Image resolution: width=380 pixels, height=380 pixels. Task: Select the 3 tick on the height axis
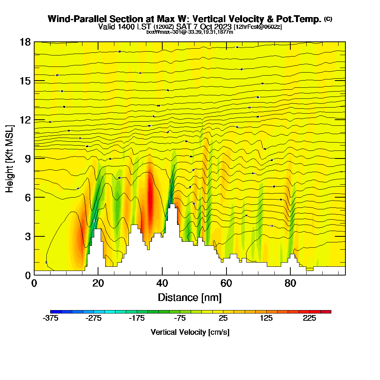coord(28,236)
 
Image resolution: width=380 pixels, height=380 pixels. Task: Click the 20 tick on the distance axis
coord(98,283)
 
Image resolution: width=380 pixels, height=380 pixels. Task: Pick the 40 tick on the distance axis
coord(162,283)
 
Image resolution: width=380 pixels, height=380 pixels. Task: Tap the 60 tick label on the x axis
coord(226,283)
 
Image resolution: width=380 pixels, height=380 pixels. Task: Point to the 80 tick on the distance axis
coord(290,283)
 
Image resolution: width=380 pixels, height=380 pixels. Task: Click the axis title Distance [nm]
coord(190,297)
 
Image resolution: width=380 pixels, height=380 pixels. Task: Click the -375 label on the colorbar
coord(51,318)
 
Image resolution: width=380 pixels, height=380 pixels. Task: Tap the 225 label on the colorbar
coord(310,318)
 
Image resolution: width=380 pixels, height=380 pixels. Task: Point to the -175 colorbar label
coord(137,318)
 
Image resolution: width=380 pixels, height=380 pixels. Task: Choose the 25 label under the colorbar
coord(223,318)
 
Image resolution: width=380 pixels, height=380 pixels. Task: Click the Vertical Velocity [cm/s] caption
coord(190,332)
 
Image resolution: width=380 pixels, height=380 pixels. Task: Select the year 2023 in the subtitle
coord(223,27)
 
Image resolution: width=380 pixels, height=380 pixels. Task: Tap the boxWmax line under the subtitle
coord(190,32)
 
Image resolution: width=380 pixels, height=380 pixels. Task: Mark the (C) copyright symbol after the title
coord(328,19)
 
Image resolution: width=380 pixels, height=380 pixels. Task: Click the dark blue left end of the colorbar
coord(53,312)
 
